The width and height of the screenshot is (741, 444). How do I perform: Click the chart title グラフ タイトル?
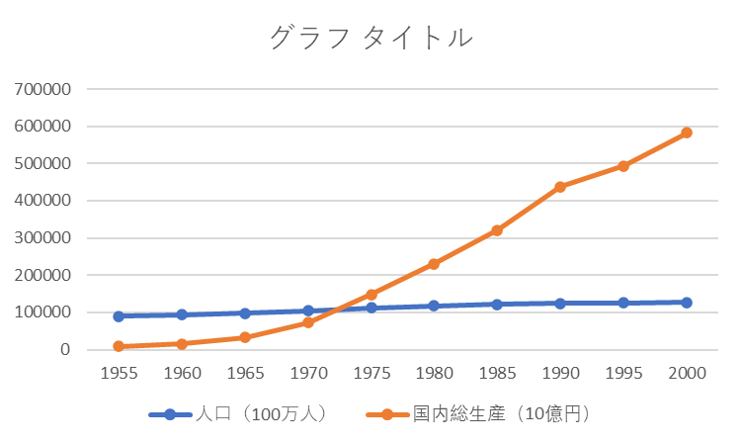370,37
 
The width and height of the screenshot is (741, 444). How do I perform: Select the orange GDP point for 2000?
687,133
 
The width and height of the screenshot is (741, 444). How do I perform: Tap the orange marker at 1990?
560,187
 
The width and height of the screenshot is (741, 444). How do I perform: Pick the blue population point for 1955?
119,316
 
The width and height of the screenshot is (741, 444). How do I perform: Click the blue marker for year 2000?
687,303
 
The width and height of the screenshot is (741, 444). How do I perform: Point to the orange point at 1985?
497,230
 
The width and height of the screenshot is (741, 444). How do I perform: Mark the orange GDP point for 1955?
119,346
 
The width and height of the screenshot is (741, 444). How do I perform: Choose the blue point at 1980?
435,306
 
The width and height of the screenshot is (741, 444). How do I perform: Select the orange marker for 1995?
623,166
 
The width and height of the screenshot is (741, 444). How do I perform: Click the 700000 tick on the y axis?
42,89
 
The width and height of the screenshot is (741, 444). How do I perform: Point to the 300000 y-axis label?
42,238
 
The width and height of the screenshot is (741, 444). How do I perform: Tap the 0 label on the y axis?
65,349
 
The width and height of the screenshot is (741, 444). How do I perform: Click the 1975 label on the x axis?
371,374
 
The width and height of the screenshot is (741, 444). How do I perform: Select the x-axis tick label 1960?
182,374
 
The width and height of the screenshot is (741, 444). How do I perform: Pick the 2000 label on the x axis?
687,374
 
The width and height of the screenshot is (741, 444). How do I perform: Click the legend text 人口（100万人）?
261,414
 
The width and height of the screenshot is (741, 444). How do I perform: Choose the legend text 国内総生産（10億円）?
501,414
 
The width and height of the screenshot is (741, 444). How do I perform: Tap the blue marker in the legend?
170,415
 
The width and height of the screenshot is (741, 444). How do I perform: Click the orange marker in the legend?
387,415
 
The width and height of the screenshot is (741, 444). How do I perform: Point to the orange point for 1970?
308,323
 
